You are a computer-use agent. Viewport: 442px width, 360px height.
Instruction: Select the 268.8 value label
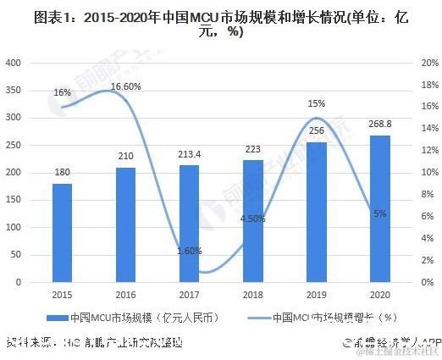(379, 125)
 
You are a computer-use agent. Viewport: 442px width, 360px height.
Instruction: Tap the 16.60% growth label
(125, 75)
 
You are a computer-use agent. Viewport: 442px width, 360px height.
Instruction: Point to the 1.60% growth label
(189, 251)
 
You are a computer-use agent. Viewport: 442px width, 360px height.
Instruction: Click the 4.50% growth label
(253, 218)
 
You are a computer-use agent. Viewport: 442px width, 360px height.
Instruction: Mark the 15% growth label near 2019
(316, 103)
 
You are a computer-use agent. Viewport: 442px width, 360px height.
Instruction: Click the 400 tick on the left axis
(15, 63)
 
